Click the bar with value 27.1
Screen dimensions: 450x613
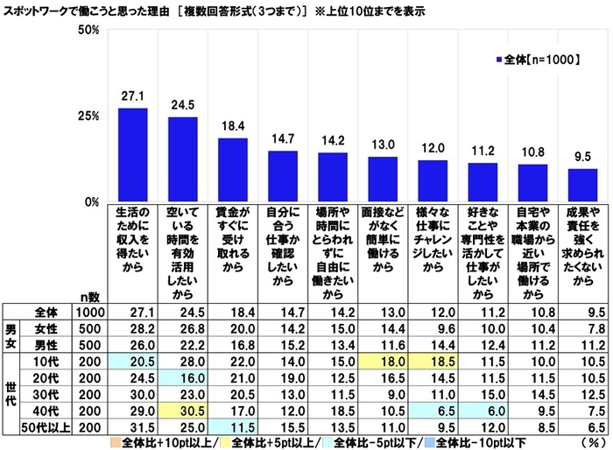click(x=132, y=155)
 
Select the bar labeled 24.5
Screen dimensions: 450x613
click(x=183, y=159)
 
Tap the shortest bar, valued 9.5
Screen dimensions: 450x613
click(x=582, y=185)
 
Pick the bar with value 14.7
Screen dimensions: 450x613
click(x=283, y=176)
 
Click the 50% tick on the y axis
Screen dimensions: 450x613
click(x=88, y=30)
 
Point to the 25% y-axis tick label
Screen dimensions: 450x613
click(x=88, y=116)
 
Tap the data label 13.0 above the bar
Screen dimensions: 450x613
click(x=383, y=146)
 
